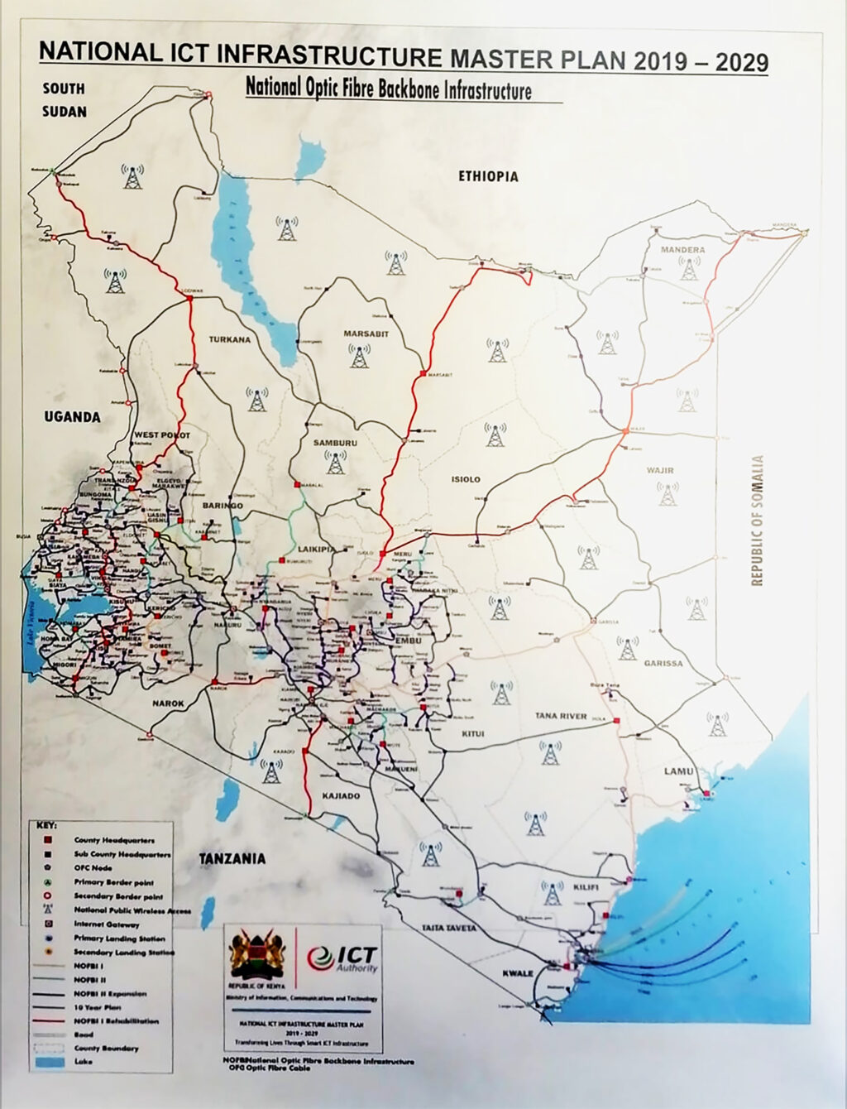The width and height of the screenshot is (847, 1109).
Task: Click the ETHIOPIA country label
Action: click(488, 176)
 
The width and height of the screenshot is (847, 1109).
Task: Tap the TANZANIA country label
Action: click(232, 858)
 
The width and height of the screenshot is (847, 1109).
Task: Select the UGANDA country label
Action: click(73, 417)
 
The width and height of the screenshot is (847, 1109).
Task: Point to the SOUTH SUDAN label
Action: click(64, 99)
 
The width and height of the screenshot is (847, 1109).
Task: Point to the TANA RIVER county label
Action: click(560, 717)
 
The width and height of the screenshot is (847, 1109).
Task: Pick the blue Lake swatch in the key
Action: click(49, 1062)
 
